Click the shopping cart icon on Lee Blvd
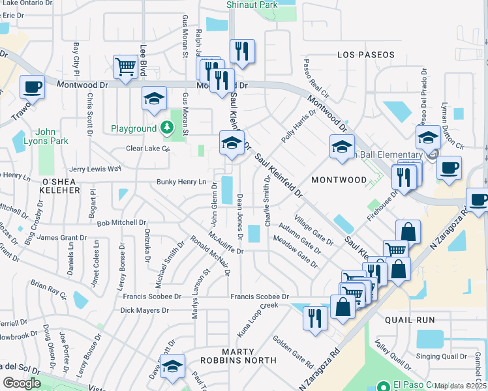[125, 66]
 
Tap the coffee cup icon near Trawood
[32, 87]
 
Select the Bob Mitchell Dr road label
[121, 222]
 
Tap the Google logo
[22, 383]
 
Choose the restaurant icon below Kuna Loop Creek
[315, 319]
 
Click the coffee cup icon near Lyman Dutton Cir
[448, 167]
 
